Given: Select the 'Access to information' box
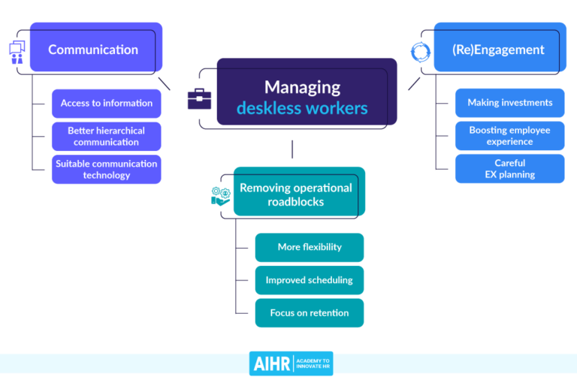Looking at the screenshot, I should click(106, 104).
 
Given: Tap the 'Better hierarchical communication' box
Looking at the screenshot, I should click(106, 136).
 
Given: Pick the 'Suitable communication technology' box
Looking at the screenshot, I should click(106, 169).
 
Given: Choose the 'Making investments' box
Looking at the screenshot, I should click(509, 103).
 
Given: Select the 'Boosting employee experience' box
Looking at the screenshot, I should click(509, 136).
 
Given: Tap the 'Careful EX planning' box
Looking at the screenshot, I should click(509, 168).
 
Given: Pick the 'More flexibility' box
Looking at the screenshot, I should click(309, 247).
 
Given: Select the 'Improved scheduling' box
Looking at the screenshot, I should click(309, 280).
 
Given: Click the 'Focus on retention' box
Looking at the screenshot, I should click(309, 313).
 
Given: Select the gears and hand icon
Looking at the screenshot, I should click(220, 195).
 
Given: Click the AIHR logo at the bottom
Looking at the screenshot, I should click(291, 363).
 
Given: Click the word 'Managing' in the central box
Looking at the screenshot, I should click(302, 86).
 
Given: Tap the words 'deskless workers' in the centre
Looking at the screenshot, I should click(302, 108).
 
